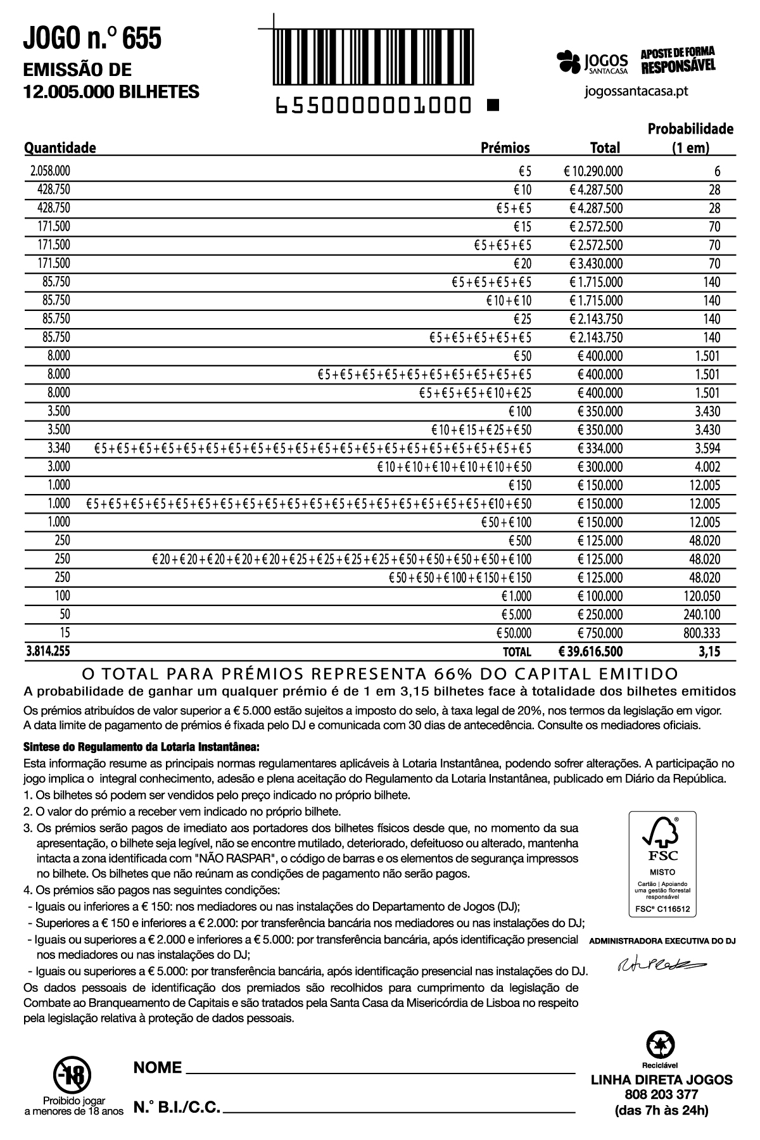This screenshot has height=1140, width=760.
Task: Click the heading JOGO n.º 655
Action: click(x=92, y=39)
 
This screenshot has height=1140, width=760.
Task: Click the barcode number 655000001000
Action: click(x=373, y=105)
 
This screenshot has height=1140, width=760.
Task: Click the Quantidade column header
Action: click(x=60, y=148)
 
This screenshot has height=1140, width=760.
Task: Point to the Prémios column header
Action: click(x=505, y=148)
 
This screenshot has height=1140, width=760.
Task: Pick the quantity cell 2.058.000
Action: click(x=50, y=171)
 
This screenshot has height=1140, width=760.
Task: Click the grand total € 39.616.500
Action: click(x=590, y=651)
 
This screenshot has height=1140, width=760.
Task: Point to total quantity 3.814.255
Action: click(x=47, y=650)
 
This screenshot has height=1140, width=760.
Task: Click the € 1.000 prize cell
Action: click(x=516, y=596)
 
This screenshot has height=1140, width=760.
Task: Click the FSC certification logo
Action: click(x=662, y=863)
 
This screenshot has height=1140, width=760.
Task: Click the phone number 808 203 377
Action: click(x=661, y=1094)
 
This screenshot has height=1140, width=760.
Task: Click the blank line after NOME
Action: click(x=380, y=1070)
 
